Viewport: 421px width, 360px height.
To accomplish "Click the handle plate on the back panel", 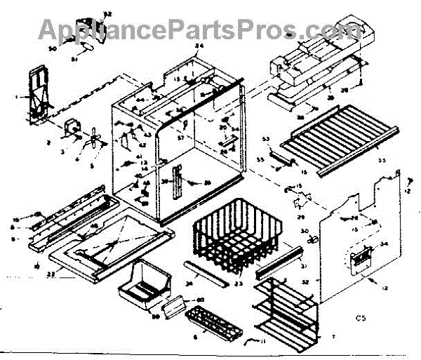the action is [x=361, y=258].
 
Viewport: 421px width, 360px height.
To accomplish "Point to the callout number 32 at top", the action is [x=107, y=13].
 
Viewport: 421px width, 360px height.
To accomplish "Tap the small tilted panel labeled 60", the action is [x=176, y=303].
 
